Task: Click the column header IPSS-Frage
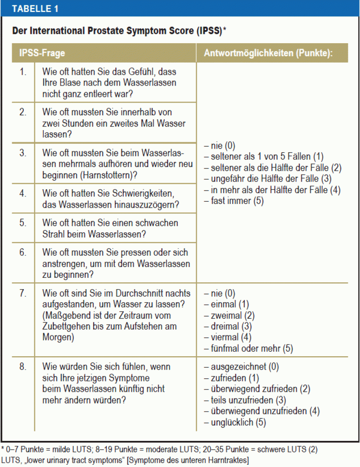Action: point(42,53)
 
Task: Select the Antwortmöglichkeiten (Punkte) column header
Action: point(268,53)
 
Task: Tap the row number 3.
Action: point(22,153)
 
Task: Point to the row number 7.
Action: point(22,293)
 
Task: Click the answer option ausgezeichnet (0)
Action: point(241,367)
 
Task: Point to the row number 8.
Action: point(22,367)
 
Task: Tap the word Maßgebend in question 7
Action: point(66,315)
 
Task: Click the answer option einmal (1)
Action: point(229,304)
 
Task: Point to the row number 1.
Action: point(22,72)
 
